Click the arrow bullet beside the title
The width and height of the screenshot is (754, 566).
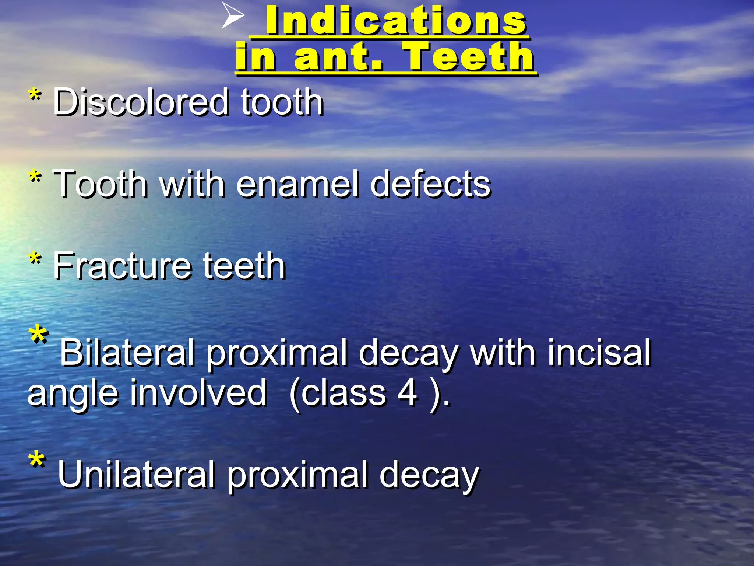point(233,15)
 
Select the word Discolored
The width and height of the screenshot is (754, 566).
point(141,102)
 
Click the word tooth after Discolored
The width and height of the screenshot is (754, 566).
point(282,102)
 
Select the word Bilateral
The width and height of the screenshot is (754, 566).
point(127,353)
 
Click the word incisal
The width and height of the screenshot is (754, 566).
point(599,353)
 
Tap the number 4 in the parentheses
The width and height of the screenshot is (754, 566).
point(408,393)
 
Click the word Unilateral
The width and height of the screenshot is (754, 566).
point(136,474)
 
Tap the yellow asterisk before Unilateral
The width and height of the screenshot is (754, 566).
point(37,461)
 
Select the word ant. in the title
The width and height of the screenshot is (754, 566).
point(338,57)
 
